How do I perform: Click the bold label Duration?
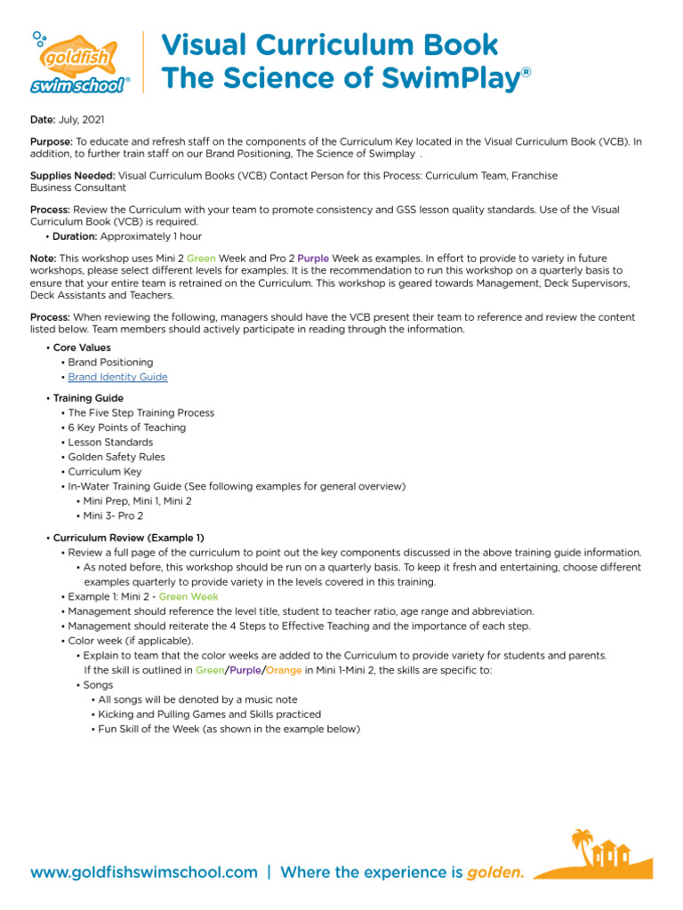point(75,236)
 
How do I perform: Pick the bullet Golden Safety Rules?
point(117,457)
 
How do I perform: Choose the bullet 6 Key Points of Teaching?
point(127,427)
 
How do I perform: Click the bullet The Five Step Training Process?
point(141,412)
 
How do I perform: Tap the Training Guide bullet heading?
point(88,398)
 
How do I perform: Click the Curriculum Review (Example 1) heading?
point(129,538)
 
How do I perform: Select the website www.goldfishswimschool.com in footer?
point(144,873)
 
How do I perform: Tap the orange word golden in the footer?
point(494,873)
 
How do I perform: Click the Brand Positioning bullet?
point(110,363)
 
